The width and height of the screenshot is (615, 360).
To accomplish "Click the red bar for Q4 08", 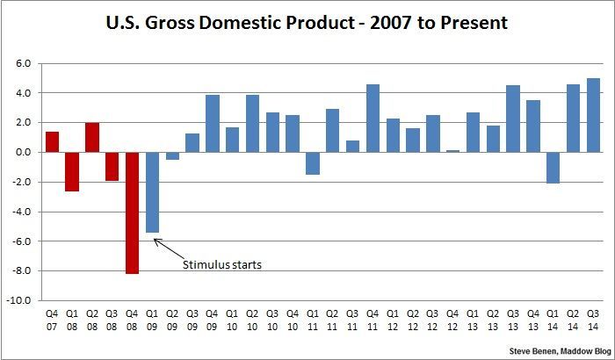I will (x=132, y=212).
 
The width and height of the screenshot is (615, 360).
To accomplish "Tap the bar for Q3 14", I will (x=593, y=115).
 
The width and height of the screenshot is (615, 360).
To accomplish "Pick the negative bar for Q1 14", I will (x=553, y=167).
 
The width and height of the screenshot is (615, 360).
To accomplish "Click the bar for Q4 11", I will (x=373, y=118).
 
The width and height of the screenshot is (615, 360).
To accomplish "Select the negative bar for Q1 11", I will (x=312, y=162).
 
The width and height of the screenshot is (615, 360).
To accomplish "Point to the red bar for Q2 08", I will (x=92, y=137).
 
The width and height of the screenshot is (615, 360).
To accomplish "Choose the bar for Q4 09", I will (x=212, y=123).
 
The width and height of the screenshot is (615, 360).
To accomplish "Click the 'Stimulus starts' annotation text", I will (x=223, y=264).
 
